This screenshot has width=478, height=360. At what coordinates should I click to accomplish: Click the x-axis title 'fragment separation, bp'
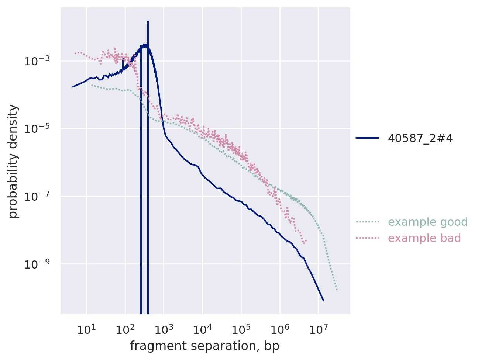tap(204, 346)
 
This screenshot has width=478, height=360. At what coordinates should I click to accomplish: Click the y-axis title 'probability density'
tap(14, 161)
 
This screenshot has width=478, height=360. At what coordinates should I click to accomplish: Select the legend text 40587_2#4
tap(420, 138)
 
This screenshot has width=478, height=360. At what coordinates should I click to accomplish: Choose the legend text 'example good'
tap(423, 222)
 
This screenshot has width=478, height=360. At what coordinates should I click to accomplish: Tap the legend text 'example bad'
tap(424, 238)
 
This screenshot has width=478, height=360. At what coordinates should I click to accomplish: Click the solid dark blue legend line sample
tap(368, 138)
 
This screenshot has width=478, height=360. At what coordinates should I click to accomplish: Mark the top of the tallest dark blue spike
tap(148, 21)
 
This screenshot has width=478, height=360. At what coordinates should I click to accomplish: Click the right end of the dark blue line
tap(324, 301)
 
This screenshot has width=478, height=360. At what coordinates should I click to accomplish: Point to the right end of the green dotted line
tap(337, 290)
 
